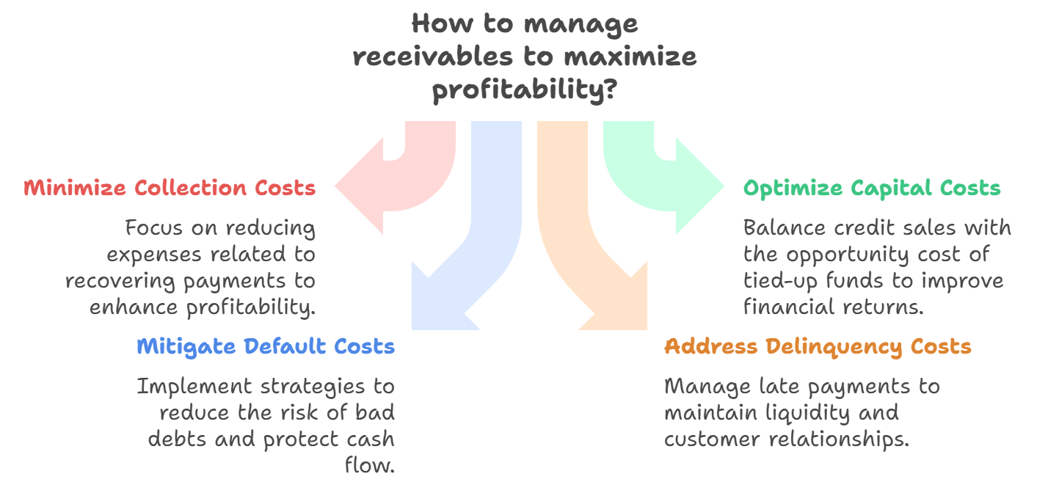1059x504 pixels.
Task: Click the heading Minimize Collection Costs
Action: [x=170, y=188]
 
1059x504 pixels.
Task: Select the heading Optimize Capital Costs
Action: [x=872, y=188]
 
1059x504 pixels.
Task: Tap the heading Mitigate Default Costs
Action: [x=266, y=346]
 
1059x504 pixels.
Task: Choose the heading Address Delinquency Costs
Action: [x=818, y=346]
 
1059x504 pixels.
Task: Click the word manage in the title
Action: [x=581, y=23]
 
